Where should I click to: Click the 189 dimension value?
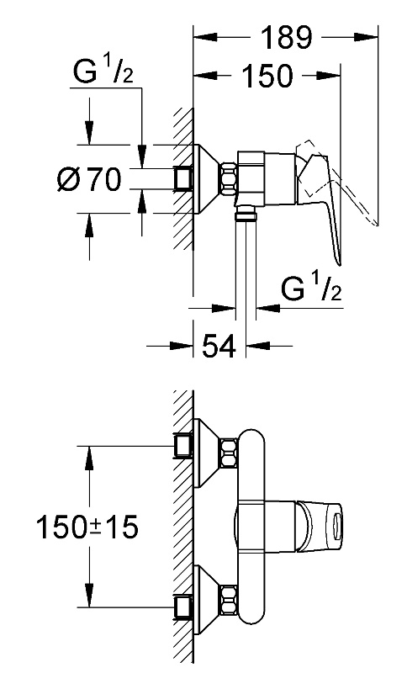tap(286, 37)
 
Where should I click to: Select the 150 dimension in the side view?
tap(267, 76)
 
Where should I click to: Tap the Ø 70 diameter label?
tap(89, 179)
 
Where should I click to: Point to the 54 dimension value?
tap(219, 346)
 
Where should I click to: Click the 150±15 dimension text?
tap(87, 527)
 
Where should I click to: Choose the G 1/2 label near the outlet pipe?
tap(311, 289)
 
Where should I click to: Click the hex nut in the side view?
tap(229, 178)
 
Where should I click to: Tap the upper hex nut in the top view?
tap(229, 453)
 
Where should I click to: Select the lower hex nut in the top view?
tap(229, 600)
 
